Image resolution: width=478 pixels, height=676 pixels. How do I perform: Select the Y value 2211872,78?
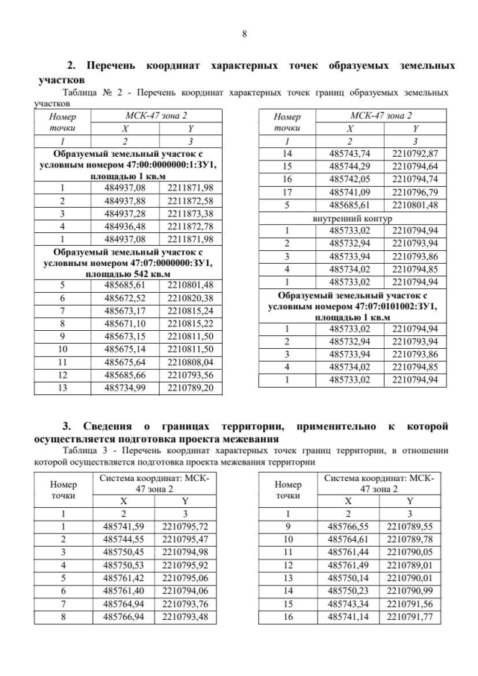(190, 226)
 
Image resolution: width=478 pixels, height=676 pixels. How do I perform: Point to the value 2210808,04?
(190, 361)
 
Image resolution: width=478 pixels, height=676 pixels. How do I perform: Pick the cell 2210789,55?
(408, 527)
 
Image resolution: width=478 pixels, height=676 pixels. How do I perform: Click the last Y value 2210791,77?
(408, 616)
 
